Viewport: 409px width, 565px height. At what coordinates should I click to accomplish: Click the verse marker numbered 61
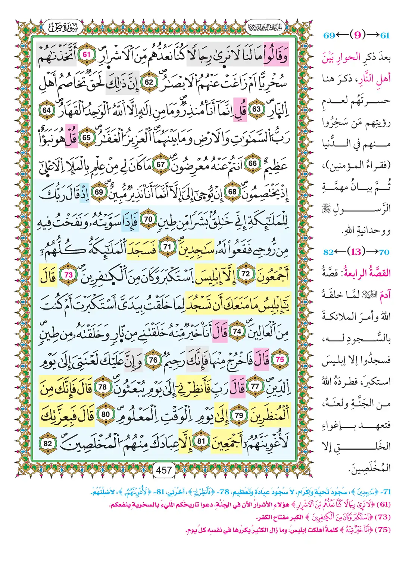(x=87, y=55)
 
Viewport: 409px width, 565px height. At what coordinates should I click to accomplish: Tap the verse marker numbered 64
(x=47, y=110)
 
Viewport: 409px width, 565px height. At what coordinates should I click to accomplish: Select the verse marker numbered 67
(x=160, y=164)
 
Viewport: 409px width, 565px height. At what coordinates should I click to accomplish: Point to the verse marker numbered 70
(x=148, y=219)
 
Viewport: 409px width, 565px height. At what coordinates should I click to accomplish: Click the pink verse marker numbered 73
(x=69, y=275)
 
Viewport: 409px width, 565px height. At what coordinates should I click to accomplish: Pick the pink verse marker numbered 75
(x=280, y=359)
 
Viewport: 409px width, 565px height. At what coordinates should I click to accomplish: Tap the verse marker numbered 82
(x=48, y=443)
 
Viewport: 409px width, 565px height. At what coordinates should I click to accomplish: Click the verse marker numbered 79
(x=239, y=415)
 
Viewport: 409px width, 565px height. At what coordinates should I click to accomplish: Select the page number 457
(x=164, y=470)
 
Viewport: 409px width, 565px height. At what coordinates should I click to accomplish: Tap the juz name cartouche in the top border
(x=265, y=27)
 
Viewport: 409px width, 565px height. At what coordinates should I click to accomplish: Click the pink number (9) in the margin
(x=358, y=35)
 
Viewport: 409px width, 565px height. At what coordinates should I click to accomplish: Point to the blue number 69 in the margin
(x=329, y=35)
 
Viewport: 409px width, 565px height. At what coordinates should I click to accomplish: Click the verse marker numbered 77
(x=255, y=387)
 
